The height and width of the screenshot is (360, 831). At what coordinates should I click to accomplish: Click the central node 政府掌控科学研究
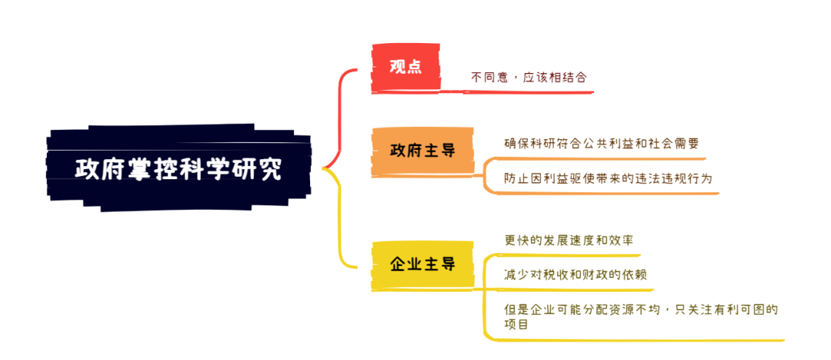coord(179,168)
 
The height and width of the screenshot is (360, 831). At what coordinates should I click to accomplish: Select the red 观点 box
coord(406,68)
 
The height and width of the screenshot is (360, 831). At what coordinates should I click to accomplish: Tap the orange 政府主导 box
coord(422,151)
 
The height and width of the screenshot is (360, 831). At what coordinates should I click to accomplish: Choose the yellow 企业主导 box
coord(422,265)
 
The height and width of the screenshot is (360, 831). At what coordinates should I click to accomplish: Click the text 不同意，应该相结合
coord(529,78)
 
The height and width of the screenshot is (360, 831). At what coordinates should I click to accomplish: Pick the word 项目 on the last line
coord(516,323)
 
